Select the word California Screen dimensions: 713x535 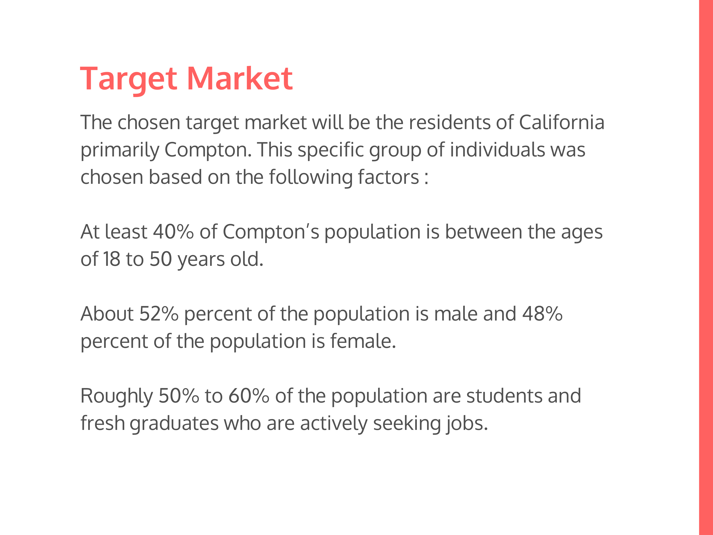click(562, 122)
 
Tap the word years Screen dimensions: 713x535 click(201, 260)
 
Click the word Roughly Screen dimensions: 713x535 click(116, 396)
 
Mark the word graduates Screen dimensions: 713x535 click(174, 424)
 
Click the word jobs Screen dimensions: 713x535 click(467, 424)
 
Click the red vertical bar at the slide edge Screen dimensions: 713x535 click(706, 268)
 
